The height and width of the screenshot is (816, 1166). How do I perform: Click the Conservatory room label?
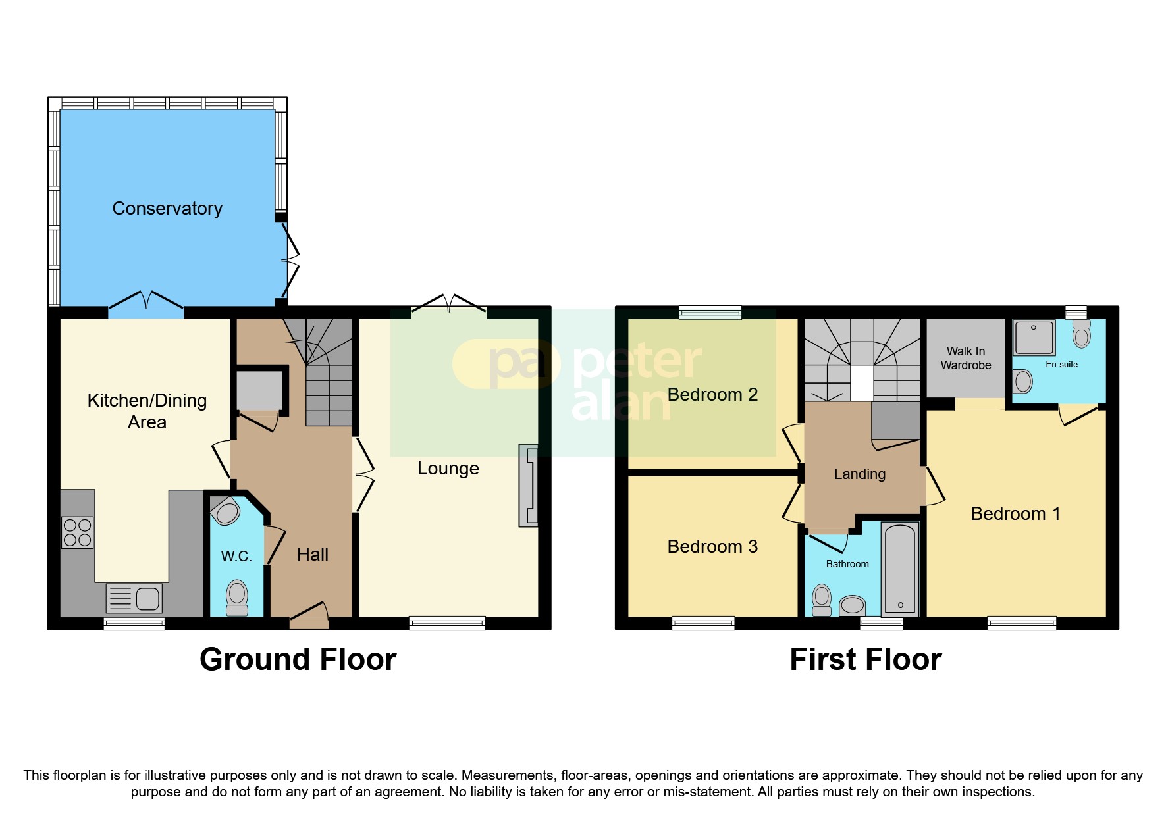(167, 209)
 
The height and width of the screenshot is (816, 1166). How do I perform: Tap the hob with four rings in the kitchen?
(77, 533)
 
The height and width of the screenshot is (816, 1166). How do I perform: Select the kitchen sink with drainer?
(134, 598)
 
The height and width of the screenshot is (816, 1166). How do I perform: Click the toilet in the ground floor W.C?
(237, 598)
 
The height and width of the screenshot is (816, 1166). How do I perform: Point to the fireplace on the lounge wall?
(529, 486)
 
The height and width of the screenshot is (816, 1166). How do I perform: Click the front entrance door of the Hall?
(309, 615)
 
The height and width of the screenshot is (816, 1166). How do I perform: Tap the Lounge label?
(448, 469)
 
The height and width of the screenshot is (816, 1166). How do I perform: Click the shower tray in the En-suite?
(1034, 337)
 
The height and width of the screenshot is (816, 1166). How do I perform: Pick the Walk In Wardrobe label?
(965, 359)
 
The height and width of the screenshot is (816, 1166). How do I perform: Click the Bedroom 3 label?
(712, 547)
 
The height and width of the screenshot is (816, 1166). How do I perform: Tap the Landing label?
(859, 474)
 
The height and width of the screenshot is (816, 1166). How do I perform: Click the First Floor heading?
(865, 659)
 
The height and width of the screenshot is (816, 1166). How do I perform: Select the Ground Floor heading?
(298, 659)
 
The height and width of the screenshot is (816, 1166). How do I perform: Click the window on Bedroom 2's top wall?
(710, 313)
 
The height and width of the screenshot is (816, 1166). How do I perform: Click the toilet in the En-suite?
(1081, 334)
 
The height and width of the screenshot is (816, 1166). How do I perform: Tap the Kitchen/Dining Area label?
(147, 411)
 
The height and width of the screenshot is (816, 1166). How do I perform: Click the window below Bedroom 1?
(1022, 623)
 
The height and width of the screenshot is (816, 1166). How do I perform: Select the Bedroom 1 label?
(1015, 514)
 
